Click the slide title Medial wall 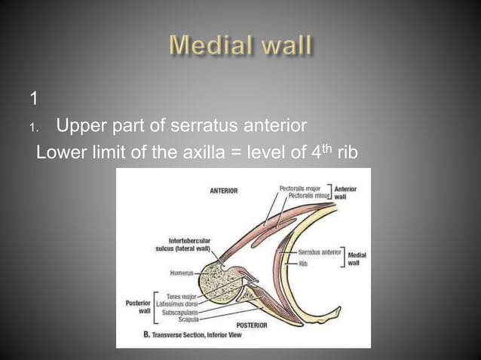pyautogui.click(x=240, y=46)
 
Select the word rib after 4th pyautogui.click(x=347, y=152)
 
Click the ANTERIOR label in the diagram pyautogui.click(x=223, y=191)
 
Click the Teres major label pyautogui.click(x=183, y=296)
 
